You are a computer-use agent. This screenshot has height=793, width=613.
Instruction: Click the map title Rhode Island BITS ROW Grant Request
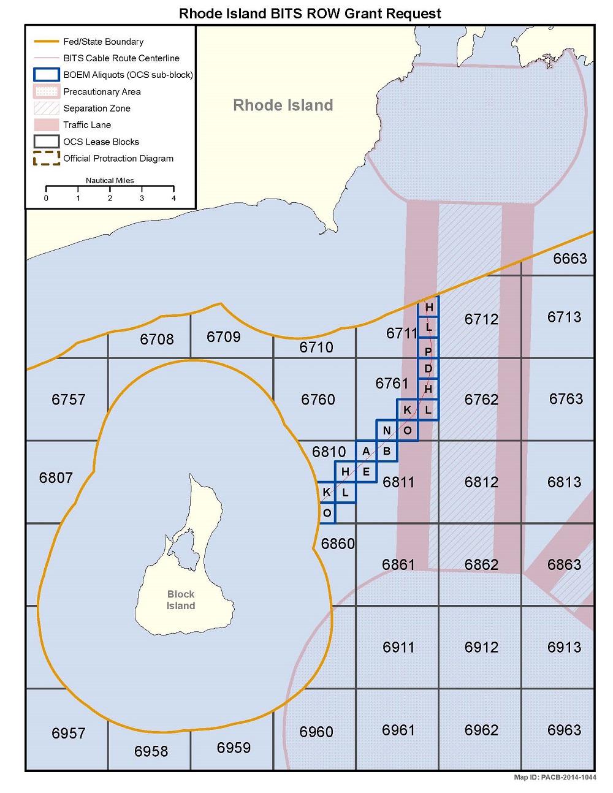click(310, 13)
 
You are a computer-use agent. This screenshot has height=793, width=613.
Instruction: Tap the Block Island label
click(181, 600)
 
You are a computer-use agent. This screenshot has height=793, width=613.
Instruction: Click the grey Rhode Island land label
click(283, 105)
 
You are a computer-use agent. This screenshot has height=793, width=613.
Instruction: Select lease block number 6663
click(570, 259)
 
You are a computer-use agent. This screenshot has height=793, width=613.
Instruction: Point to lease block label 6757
click(69, 400)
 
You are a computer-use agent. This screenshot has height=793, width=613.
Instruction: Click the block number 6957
click(69, 734)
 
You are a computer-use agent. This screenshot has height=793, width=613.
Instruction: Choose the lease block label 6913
click(564, 647)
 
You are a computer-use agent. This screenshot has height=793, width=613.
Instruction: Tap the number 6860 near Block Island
click(338, 544)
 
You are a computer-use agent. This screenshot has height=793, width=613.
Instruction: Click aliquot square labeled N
click(387, 430)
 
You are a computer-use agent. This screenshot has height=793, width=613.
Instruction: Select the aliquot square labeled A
click(366, 451)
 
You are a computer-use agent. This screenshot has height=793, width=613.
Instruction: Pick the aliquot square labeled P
click(428, 351)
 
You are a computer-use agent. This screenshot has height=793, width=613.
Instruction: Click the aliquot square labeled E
click(366, 472)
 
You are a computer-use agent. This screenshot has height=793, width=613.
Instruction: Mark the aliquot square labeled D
click(428, 368)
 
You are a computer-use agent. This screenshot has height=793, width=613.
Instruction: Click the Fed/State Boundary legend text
click(104, 42)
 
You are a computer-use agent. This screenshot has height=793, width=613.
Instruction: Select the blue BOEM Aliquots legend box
click(46, 75)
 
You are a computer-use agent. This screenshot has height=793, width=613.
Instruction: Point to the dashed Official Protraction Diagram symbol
click(46, 158)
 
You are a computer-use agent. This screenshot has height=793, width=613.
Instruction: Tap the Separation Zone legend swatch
click(46, 108)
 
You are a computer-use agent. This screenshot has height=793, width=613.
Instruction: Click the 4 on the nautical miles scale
click(173, 198)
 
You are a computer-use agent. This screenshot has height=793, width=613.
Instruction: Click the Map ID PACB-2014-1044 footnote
click(555, 777)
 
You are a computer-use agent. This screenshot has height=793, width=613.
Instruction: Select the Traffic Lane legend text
click(87, 125)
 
